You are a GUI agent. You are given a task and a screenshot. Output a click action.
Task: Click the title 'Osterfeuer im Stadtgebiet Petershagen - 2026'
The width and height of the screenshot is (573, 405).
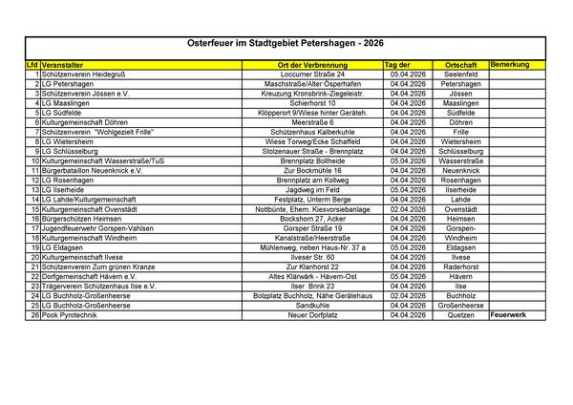(286, 45)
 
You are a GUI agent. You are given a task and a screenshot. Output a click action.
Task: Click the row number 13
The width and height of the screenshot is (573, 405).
(34, 189)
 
